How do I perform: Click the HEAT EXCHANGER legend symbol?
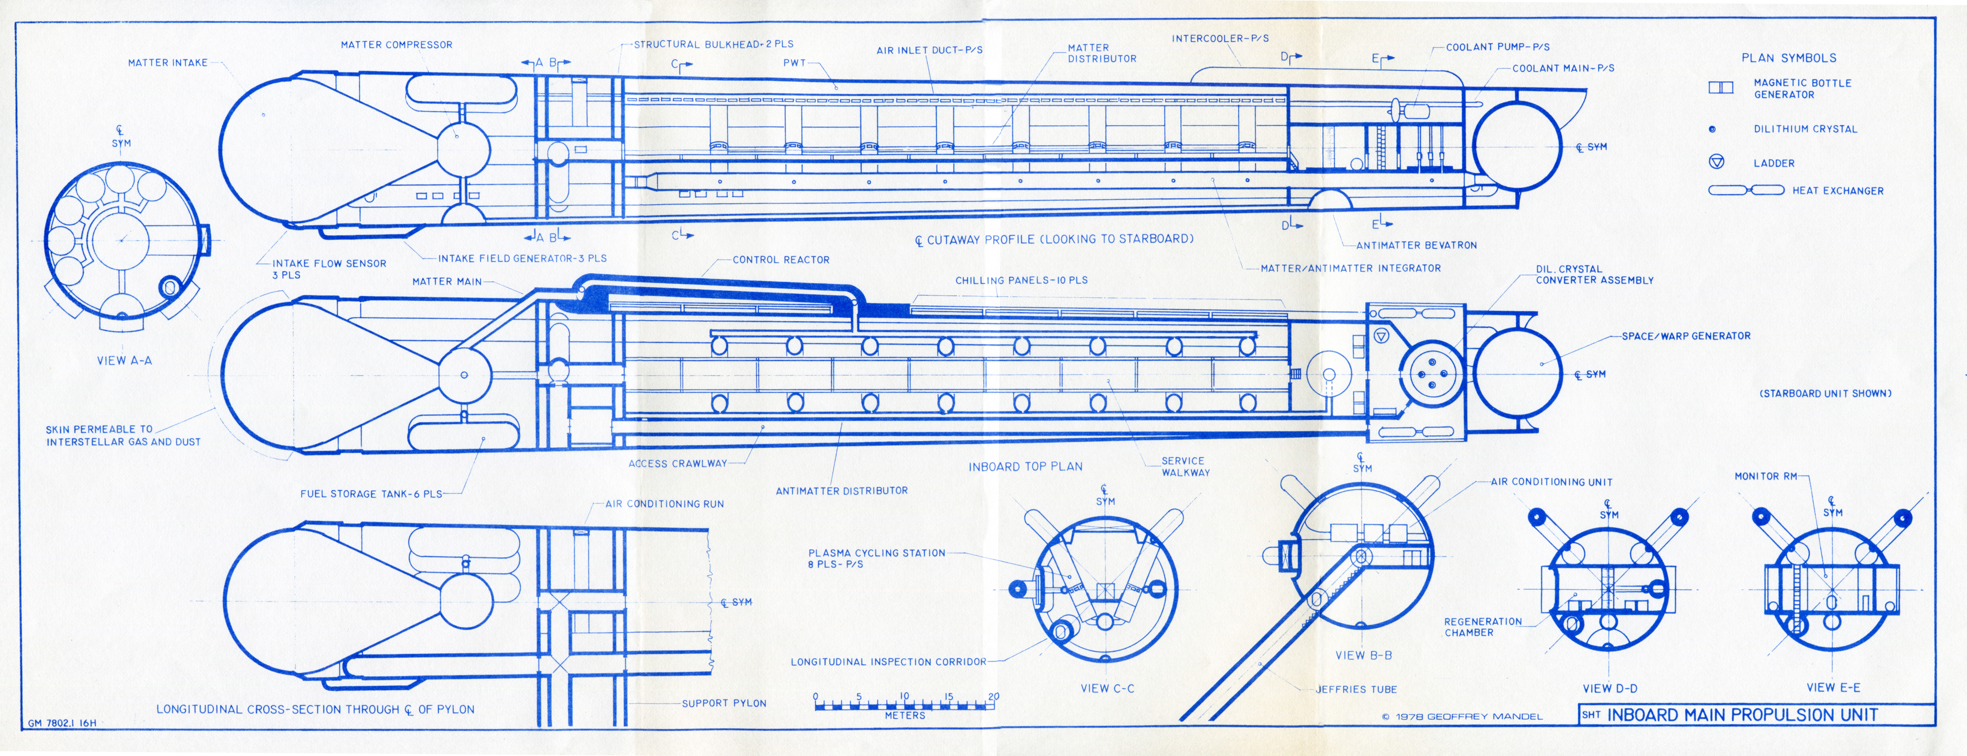[x=1746, y=190]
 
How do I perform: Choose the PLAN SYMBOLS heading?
[x=1788, y=58]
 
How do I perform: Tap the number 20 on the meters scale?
[x=993, y=697]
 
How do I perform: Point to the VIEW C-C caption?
[x=1107, y=688]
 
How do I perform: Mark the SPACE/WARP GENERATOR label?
[x=1686, y=336]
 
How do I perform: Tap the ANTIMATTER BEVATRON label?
[x=1416, y=245]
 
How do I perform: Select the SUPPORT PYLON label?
[x=724, y=703]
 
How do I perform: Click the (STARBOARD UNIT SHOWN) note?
[x=1825, y=393]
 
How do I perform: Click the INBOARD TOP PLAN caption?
[x=1025, y=467]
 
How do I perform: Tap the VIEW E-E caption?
[x=1833, y=687]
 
